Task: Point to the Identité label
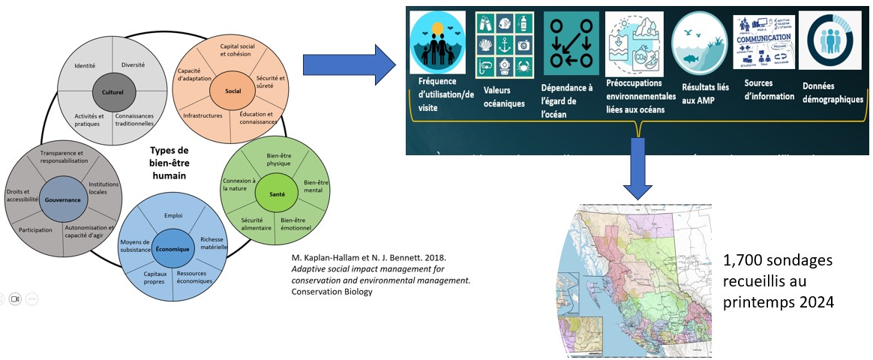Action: coord(85,65)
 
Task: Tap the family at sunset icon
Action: coord(439,44)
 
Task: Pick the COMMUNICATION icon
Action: coord(762,42)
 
